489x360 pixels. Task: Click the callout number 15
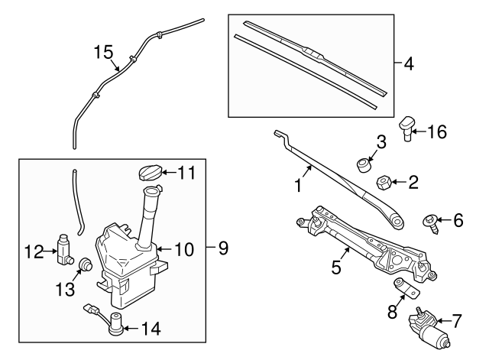103,52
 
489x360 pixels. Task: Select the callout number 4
408,63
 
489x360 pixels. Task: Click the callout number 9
223,248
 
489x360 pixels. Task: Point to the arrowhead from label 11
164,173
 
